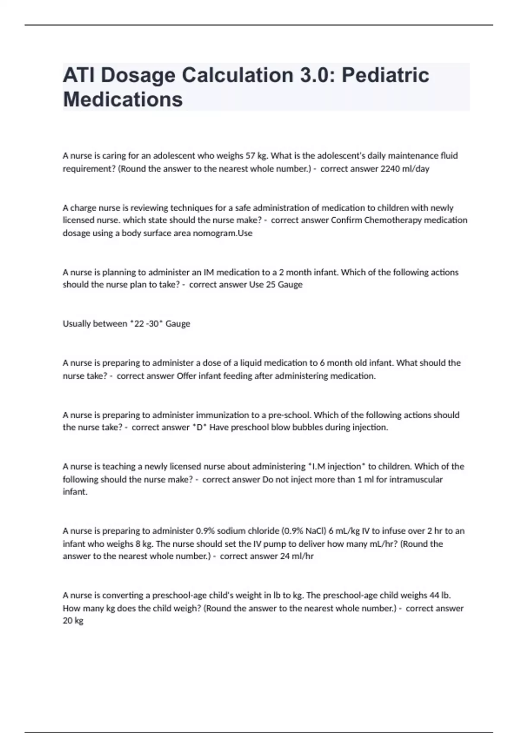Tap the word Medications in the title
(x=123, y=99)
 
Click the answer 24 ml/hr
(x=297, y=556)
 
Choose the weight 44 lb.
(x=440, y=595)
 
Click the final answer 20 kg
(x=73, y=621)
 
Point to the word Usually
(x=78, y=324)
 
